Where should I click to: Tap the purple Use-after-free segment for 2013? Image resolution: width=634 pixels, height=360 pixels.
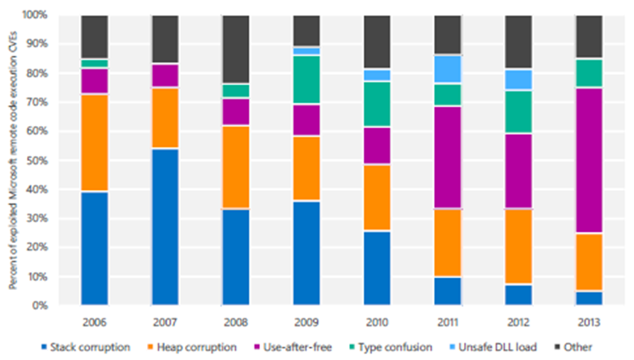pos(589,160)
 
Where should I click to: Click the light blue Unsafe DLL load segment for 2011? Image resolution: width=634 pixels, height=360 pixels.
pos(448,69)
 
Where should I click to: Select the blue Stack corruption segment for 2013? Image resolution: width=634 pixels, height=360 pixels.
pos(589,297)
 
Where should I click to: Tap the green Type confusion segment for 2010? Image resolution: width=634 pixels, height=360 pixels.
pos(377,104)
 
